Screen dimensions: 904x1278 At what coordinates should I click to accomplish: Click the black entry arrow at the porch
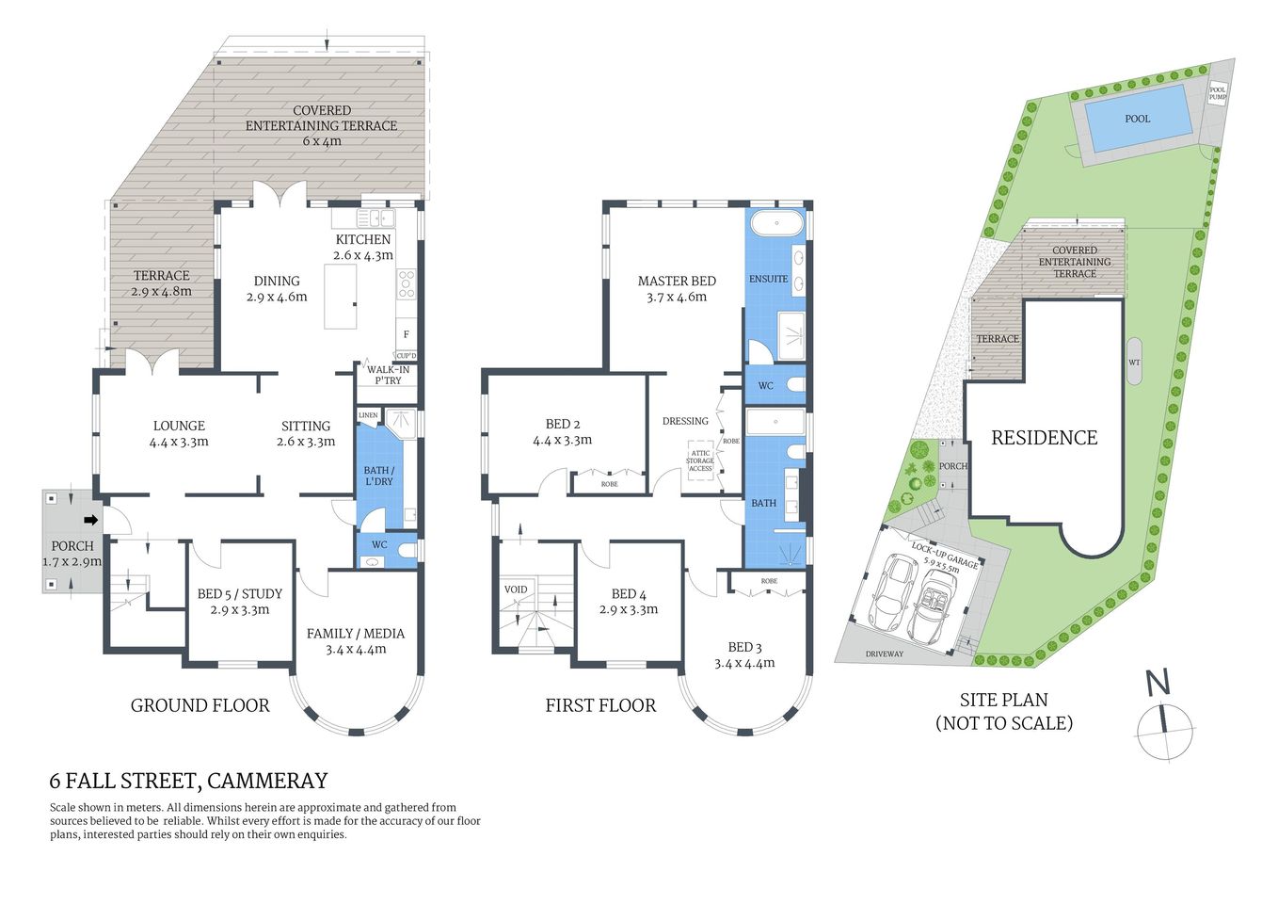point(91,520)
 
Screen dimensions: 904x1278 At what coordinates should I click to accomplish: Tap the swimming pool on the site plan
point(1137,119)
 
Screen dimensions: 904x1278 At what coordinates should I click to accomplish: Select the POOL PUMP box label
point(1218,93)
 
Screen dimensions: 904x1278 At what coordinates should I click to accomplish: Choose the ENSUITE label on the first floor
point(768,279)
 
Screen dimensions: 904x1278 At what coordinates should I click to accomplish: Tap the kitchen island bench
point(341,296)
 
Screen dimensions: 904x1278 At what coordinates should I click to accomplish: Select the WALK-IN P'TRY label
point(387,375)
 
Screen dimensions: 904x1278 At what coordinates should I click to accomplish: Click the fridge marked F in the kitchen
point(407,334)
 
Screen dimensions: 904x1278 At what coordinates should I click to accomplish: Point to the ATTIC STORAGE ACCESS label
point(700,460)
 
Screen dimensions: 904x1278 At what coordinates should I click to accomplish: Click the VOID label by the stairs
point(516,589)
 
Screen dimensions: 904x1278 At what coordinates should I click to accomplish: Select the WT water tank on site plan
point(1134,362)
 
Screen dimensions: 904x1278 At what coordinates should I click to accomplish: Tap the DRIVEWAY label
point(884,654)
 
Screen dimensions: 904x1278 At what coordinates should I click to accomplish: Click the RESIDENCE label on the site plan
point(1044,437)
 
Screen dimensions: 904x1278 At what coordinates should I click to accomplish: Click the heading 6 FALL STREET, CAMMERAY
point(188,781)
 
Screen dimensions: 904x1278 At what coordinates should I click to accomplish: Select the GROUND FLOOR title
point(200,705)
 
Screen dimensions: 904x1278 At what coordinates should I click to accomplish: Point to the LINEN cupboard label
point(368,415)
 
